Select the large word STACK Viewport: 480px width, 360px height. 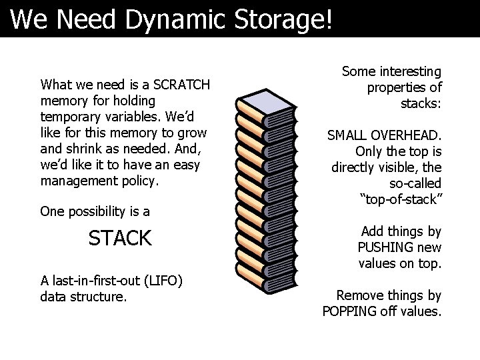tap(120, 238)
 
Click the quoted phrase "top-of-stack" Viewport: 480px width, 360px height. tap(401, 199)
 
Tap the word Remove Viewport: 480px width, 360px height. tap(359, 295)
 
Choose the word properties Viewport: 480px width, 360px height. tap(397, 87)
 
